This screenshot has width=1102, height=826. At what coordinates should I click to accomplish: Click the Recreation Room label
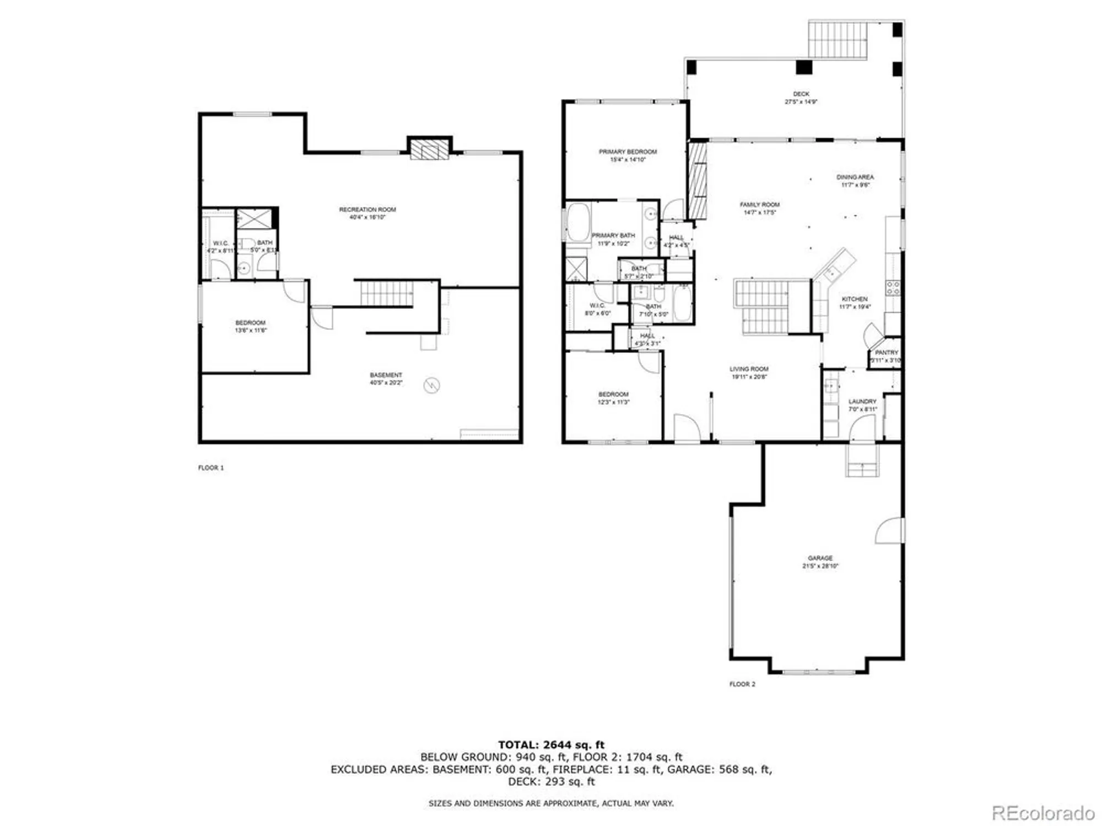point(367,209)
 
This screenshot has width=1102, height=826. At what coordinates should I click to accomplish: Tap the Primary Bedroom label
point(628,151)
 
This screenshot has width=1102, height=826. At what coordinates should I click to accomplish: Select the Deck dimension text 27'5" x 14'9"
point(801,102)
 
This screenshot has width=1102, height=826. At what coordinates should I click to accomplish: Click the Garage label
point(820,558)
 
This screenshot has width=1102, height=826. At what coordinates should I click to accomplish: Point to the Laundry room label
point(862,401)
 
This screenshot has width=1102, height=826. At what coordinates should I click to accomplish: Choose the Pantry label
point(886,352)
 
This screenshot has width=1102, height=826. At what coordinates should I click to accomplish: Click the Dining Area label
point(855,177)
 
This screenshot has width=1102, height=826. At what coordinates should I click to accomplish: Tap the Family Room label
point(759,204)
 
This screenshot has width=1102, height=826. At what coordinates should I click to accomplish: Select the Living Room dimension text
point(749,377)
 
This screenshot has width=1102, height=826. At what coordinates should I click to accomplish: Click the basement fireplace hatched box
point(429,149)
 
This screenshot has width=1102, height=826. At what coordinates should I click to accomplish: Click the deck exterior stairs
point(838,39)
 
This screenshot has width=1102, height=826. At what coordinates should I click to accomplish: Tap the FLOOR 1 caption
point(211,468)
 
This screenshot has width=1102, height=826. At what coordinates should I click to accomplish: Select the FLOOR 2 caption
point(742,684)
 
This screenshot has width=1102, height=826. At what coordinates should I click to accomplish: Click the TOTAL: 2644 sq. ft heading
point(551,745)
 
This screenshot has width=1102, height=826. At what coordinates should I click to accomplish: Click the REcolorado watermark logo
point(1042,813)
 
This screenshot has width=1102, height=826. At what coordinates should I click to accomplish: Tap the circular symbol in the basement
point(431,385)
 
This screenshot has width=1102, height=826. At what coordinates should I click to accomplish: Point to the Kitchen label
point(854,299)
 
